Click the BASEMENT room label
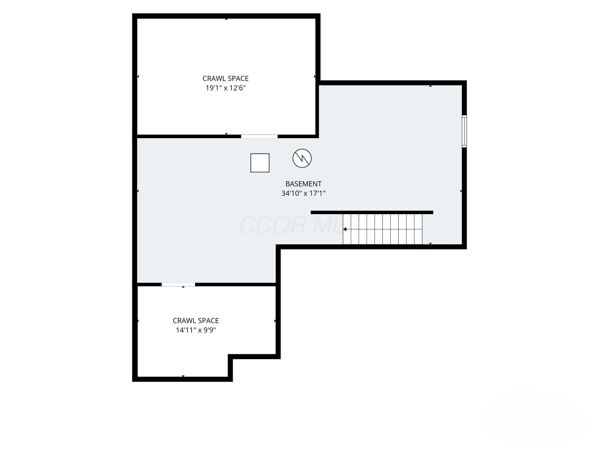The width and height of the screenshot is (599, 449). click(303, 184)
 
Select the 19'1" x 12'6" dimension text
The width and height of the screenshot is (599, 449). click(226, 88)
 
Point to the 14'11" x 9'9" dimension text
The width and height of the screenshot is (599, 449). click(196, 330)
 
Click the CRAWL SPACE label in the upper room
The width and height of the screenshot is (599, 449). click(226, 78)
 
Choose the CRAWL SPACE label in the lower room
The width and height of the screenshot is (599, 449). click(196, 321)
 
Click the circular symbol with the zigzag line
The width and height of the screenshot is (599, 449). click(302, 158)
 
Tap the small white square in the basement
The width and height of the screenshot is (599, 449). click(260, 163)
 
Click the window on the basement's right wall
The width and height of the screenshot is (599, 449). click(464, 131)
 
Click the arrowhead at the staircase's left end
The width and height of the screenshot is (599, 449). click(345, 229)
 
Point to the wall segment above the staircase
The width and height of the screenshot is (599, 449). click(372, 213)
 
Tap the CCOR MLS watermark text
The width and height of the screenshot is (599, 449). click(299, 225)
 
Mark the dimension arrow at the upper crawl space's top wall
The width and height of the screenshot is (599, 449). click(226, 19)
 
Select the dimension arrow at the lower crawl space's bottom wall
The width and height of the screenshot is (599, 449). click(183, 376)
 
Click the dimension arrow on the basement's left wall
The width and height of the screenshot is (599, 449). click(138, 191)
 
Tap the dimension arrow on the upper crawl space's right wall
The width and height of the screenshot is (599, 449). click(315, 77)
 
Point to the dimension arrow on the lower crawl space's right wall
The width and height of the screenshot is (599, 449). click(275, 321)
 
